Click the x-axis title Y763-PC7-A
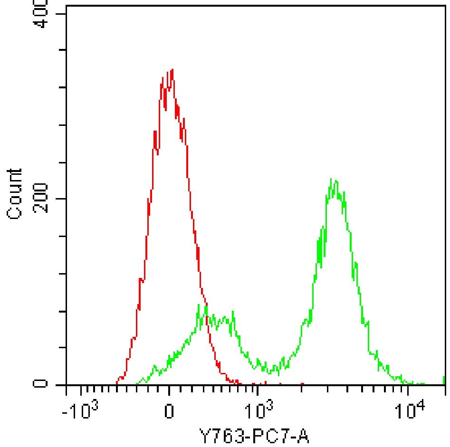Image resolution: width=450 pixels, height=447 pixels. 257,435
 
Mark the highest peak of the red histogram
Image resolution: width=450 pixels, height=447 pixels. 172,70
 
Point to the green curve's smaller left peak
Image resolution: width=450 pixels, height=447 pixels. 206,306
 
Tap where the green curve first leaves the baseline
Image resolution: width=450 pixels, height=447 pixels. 137,382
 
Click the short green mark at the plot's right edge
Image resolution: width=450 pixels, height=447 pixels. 444,380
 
